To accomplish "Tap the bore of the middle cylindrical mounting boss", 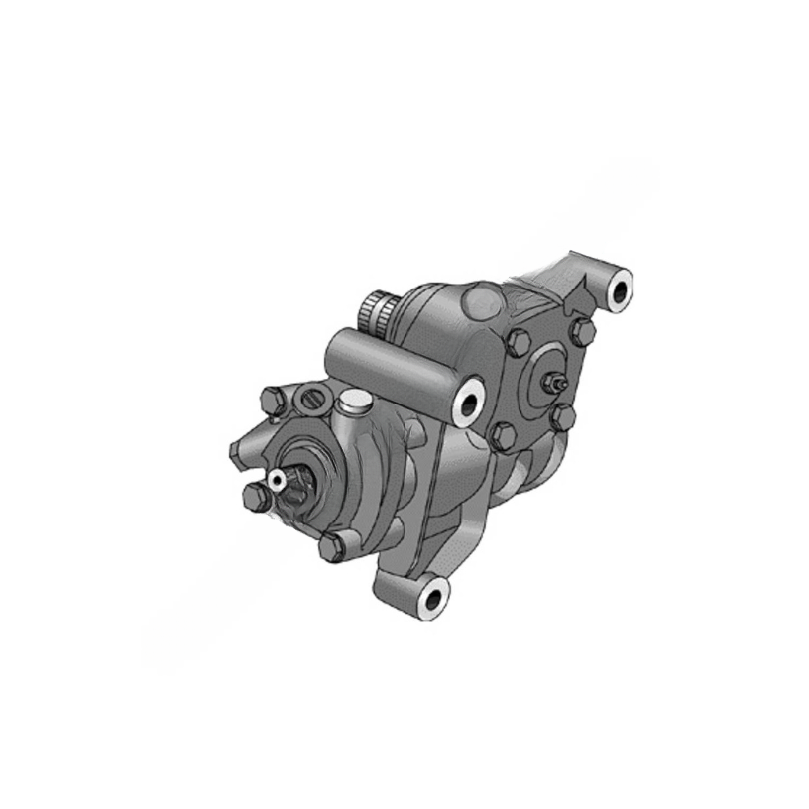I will coord(468,401).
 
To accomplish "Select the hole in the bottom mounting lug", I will coord(432,598).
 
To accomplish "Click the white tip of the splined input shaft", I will coord(277,479).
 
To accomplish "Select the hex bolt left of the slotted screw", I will coord(273,401).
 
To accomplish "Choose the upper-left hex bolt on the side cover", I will coord(518,343).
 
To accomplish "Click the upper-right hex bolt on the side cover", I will coord(582,332).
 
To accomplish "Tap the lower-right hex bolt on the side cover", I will coord(562,416).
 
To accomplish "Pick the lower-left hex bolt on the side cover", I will coord(504,435).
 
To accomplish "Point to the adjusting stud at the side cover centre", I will coord(556,381).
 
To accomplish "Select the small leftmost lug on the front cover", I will coord(237,451).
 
